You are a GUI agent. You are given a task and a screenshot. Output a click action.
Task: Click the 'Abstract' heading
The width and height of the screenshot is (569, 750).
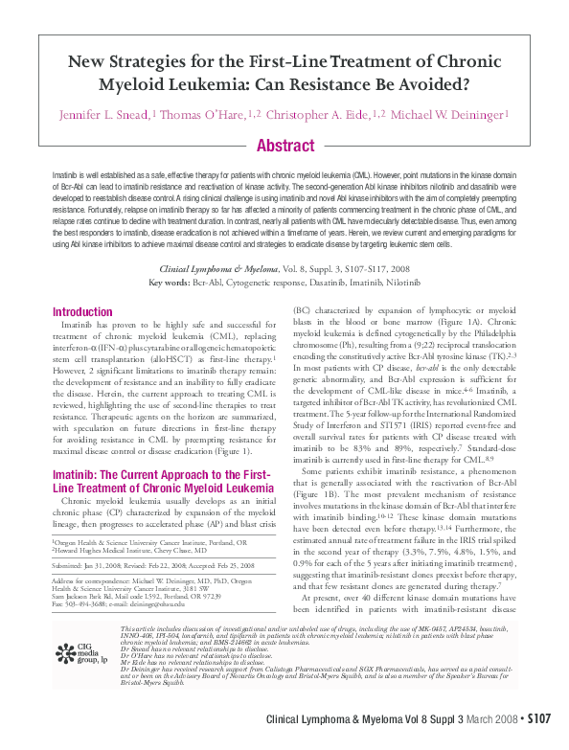[284, 146]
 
